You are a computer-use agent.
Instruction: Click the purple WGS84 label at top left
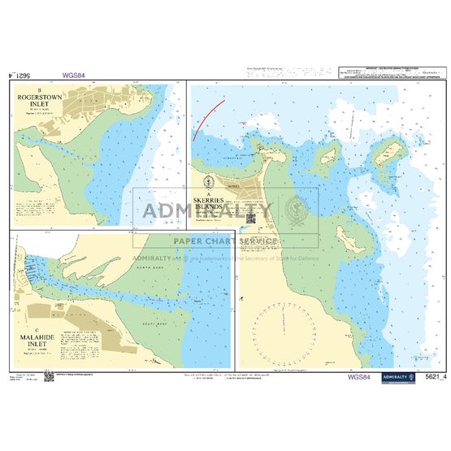[74, 76]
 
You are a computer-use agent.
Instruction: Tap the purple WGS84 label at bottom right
[358, 376]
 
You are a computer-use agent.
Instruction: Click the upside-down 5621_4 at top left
[21, 76]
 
